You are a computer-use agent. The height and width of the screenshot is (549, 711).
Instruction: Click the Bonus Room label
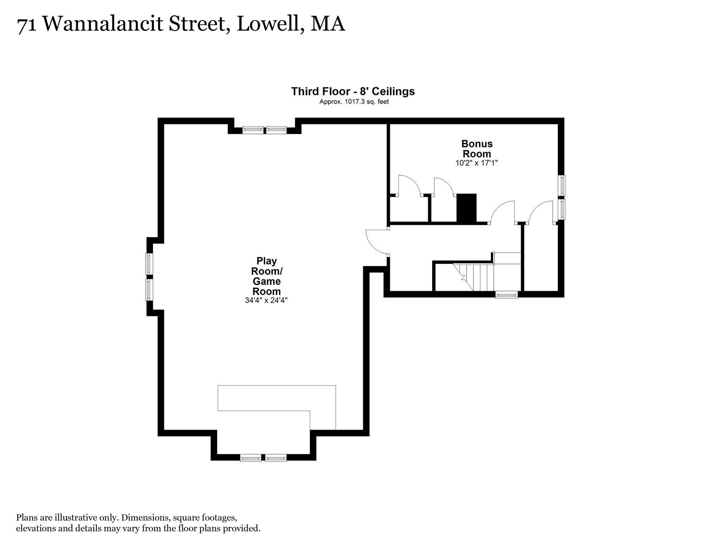tap(477, 149)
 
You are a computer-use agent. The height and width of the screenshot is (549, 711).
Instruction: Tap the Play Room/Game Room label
tap(266, 276)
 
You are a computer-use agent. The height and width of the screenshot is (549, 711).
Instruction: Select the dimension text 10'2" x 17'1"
tap(476, 163)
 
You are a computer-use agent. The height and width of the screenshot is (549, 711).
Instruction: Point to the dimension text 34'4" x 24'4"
tap(266, 300)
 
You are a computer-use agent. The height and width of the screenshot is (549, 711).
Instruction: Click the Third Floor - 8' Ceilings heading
tap(353, 91)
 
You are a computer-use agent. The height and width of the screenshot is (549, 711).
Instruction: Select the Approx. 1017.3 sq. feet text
tap(354, 102)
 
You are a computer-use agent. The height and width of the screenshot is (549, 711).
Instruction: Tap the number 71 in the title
tap(26, 25)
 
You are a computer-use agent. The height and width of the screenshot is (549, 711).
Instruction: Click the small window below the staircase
tap(506, 295)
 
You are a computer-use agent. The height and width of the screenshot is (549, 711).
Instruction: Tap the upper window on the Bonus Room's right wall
tap(562, 185)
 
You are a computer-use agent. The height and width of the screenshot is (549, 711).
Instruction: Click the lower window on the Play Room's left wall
tap(149, 290)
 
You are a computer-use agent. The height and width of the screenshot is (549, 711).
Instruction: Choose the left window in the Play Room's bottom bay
tap(250, 457)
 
